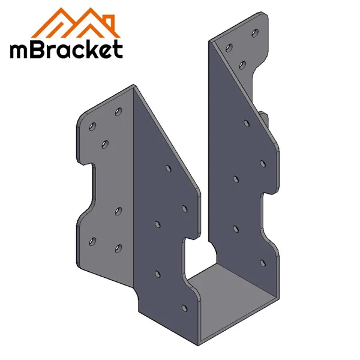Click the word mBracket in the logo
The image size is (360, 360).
(67, 50)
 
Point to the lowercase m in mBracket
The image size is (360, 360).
(19, 52)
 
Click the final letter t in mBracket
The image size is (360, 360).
(118, 50)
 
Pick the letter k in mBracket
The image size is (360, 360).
(90, 49)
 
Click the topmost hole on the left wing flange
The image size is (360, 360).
(118, 111)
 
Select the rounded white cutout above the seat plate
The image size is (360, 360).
(198, 252)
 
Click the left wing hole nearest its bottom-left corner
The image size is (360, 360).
(92, 241)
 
